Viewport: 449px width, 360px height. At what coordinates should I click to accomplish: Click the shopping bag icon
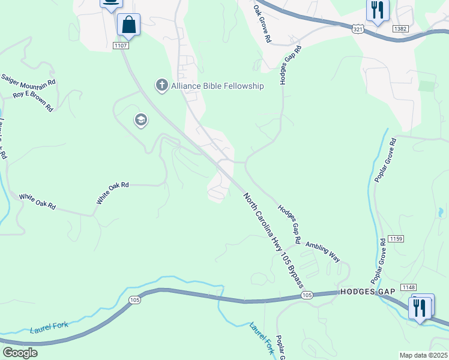point(128,25)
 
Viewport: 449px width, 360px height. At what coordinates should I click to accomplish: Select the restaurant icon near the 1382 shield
point(378,10)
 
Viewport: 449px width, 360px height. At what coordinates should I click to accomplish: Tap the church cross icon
point(161,86)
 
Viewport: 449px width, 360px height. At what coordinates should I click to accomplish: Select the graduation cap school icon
point(141,121)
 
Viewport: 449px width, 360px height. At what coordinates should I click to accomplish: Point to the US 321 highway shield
point(357,29)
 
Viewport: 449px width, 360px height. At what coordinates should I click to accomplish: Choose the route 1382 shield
point(400,28)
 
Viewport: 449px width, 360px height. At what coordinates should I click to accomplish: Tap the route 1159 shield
point(396,239)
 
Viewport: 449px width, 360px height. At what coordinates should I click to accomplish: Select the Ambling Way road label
point(323,252)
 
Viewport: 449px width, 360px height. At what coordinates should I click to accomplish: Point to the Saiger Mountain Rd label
point(28,80)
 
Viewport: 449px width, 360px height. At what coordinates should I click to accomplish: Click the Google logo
point(20,352)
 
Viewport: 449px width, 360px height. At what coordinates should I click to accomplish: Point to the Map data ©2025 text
point(423,355)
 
